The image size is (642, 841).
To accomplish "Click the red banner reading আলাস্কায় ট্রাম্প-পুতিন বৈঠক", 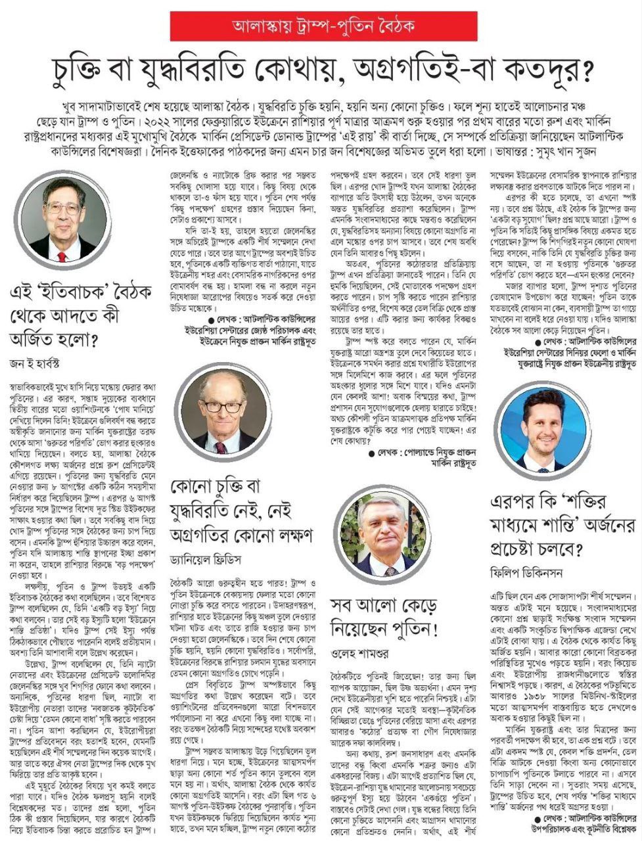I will click(320, 26).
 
